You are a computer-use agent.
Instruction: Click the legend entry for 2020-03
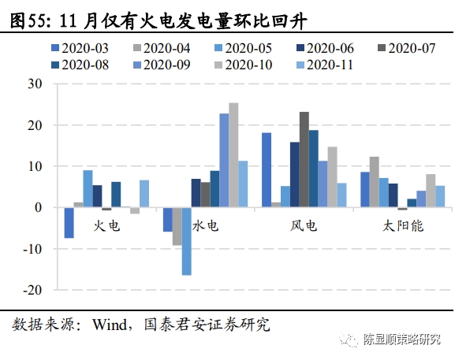tap(80, 48)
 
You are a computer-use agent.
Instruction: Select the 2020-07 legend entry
tap(407, 48)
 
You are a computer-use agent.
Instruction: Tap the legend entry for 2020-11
tap(325, 65)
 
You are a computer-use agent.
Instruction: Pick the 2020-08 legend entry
tap(80, 65)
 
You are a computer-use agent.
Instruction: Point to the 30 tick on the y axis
tap(35, 84)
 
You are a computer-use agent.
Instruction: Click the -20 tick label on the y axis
tap(32, 290)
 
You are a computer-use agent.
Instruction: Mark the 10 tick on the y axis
tap(35, 166)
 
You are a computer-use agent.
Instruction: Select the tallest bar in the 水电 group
tap(233, 155)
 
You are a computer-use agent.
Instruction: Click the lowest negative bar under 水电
tap(187, 241)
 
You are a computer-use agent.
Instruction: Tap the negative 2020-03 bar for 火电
tap(69, 223)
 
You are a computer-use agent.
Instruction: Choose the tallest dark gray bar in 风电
tap(304, 159)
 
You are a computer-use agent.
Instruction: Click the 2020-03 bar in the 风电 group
tap(267, 170)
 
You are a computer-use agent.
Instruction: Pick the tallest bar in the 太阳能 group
tap(375, 182)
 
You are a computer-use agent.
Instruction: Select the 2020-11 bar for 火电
tap(144, 194)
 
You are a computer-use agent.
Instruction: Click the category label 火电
tap(106, 226)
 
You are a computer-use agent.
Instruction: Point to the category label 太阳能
tap(403, 226)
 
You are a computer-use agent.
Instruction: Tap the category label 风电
tap(304, 226)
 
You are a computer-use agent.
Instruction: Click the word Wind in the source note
tap(110, 325)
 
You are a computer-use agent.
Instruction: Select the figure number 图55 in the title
tap(28, 21)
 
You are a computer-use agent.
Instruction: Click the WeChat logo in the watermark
tap(349, 340)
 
